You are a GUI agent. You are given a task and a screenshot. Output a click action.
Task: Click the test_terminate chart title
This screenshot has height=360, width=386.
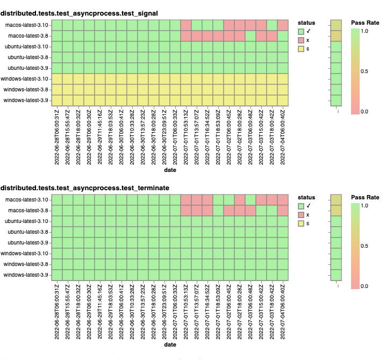[84, 188]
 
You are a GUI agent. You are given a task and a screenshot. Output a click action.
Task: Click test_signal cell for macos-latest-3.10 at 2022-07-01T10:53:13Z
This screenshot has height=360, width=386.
[186, 25]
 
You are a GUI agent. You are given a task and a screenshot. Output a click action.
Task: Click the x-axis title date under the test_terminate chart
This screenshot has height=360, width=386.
[170, 344]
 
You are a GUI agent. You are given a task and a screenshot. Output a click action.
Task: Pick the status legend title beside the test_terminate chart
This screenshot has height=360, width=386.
[306, 198]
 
